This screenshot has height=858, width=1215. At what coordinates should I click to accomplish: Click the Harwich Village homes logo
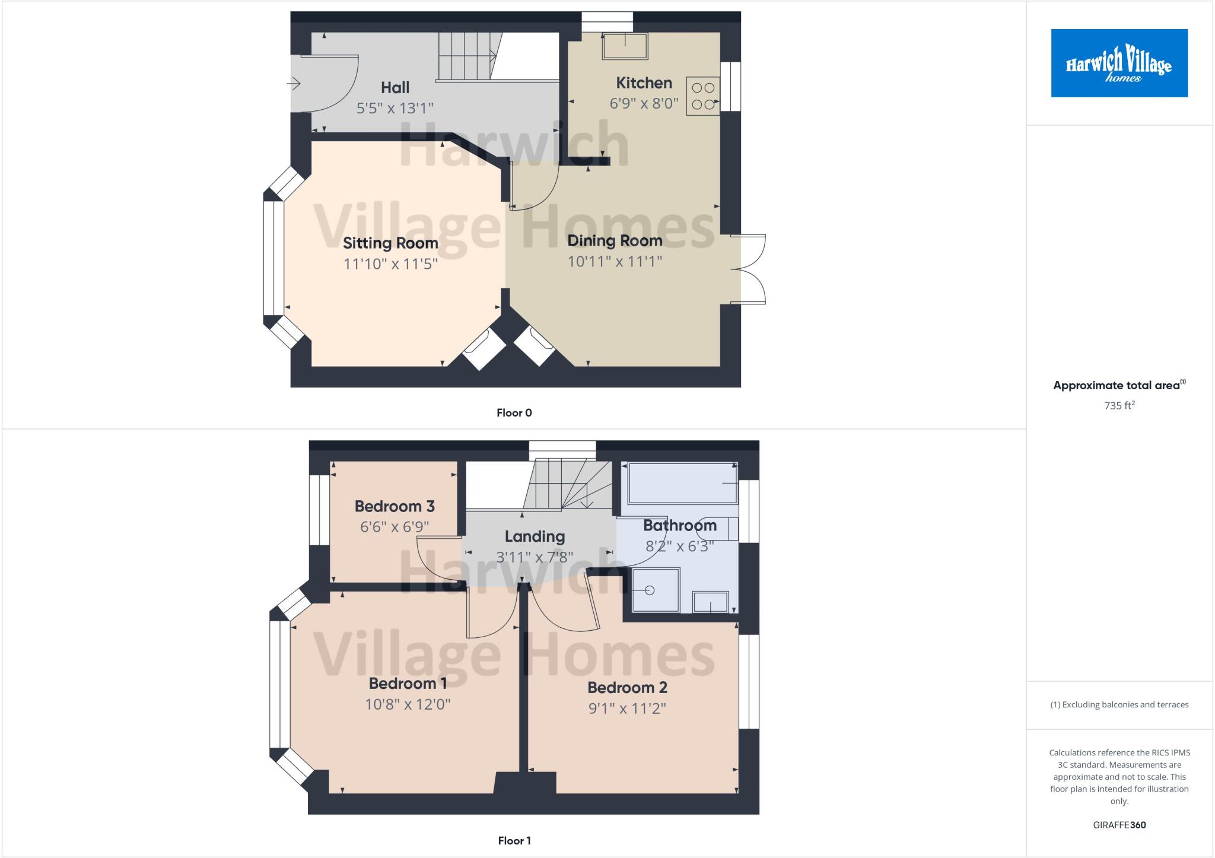point(1119,63)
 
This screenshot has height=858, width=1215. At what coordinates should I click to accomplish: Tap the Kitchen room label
point(644,83)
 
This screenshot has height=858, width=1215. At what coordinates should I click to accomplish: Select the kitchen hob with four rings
point(703,96)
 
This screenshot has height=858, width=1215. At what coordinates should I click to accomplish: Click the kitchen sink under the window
point(625,46)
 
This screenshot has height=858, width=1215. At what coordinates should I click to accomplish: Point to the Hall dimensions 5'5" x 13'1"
point(395,108)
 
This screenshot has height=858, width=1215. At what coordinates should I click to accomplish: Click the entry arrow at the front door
point(294,84)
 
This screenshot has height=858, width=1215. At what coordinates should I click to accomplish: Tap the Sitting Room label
point(390,243)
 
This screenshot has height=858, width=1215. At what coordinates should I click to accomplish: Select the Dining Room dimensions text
point(615,261)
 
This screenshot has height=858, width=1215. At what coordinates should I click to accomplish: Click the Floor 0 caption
point(514,413)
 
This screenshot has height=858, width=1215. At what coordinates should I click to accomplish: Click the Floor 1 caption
point(514,841)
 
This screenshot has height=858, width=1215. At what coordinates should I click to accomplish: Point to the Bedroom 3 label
point(395,506)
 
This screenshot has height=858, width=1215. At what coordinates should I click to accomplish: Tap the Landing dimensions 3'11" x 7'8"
point(535,557)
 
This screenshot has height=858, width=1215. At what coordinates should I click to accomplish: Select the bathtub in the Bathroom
point(682,482)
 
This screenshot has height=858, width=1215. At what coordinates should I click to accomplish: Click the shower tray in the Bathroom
point(656,590)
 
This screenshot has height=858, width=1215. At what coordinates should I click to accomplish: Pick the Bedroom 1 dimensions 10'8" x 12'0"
point(408,704)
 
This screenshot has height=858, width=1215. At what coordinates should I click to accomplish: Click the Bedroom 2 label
point(627,688)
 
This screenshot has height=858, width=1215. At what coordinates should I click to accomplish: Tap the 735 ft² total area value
point(1119,406)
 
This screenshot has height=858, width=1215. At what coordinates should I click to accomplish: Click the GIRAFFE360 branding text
point(1119,825)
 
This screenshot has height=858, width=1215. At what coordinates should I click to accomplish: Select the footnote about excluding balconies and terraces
point(1119,705)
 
